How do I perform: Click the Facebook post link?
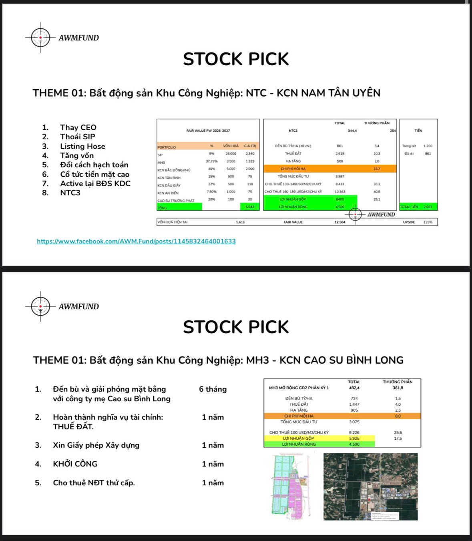[x=136, y=241]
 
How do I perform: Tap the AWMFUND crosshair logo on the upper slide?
[x=40, y=38]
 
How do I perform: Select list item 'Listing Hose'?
[x=82, y=146]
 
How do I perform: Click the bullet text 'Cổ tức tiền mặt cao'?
[x=95, y=174]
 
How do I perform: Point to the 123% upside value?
[x=428, y=222]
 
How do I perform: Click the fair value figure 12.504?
[x=340, y=222]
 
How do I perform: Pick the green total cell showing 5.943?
[x=250, y=207]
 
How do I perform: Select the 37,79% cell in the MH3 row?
[x=211, y=161]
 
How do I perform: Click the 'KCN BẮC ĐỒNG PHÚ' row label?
[x=174, y=170]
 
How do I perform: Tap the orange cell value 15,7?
[x=377, y=169]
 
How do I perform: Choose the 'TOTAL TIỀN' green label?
[x=409, y=207]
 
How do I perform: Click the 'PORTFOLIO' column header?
[x=167, y=147]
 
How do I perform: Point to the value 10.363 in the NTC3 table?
[x=340, y=192]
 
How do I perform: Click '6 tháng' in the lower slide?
[x=213, y=389]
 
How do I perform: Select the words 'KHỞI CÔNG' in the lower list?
[x=75, y=464]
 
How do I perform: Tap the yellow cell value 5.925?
[x=354, y=438]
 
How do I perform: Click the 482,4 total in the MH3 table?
[x=354, y=388]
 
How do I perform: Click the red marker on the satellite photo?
[x=368, y=499]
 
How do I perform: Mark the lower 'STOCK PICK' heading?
[x=236, y=327]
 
